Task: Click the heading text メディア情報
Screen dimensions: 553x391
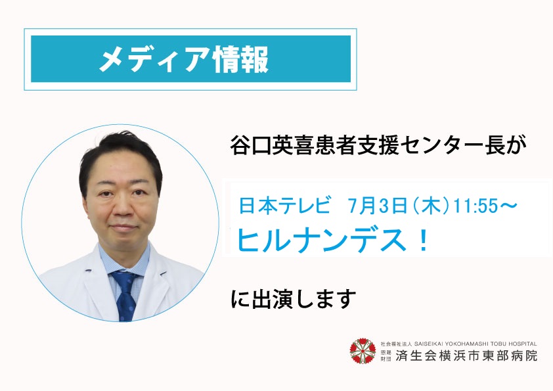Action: click(184, 59)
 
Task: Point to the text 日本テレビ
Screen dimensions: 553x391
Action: click(284, 206)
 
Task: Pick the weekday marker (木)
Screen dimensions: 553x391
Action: click(431, 206)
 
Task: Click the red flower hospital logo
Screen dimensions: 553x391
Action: click(363, 350)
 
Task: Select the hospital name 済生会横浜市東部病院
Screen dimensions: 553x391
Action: click(466, 356)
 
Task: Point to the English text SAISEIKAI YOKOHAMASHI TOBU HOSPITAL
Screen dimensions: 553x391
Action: click(476, 344)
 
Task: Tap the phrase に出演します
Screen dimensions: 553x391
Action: click(294, 299)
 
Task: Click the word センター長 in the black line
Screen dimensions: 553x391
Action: click(453, 145)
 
